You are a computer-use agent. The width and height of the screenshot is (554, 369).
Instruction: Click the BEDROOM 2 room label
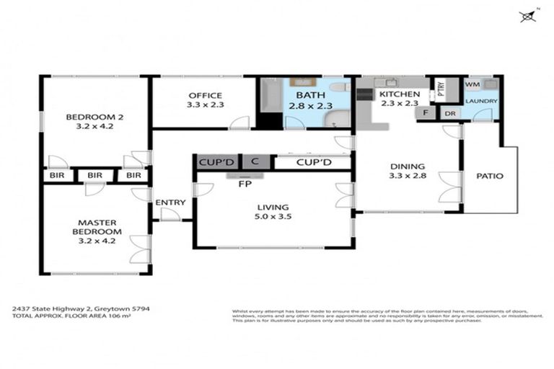coord(91,117)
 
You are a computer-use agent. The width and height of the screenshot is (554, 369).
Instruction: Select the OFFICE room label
coord(206,95)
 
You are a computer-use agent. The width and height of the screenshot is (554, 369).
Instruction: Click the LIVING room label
coord(273,208)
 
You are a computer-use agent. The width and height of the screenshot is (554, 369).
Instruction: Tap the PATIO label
coord(490,175)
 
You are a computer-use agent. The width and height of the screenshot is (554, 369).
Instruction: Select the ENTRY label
coord(170,203)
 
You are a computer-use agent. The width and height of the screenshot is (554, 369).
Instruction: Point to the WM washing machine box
coord(472,84)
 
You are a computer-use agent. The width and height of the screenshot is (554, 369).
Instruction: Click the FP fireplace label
coord(245,182)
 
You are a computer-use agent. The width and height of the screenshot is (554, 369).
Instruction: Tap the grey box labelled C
coord(255,163)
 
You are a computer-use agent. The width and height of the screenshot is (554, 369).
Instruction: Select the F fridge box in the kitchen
coord(426,113)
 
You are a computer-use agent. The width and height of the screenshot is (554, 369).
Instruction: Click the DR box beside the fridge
coord(449,114)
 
